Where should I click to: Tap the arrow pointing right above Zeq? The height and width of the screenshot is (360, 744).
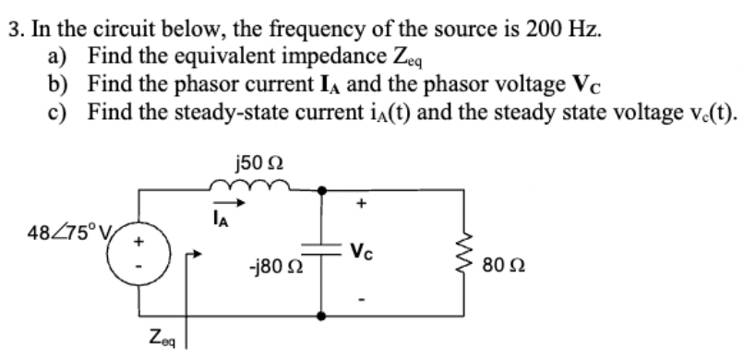(x=192, y=253)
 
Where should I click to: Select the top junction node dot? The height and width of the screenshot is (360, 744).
(x=321, y=189)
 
